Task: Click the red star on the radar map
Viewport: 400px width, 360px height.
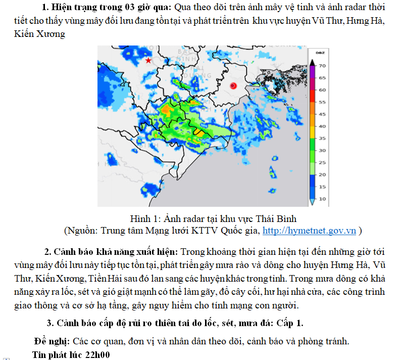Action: click(x=148, y=60)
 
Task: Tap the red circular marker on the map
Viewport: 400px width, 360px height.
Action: click(x=233, y=86)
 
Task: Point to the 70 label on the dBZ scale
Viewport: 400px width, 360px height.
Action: click(x=322, y=66)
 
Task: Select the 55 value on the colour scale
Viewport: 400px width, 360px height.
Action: click(x=322, y=102)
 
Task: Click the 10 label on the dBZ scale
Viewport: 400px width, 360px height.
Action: click(x=322, y=199)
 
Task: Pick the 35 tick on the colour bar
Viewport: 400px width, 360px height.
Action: click(x=322, y=138)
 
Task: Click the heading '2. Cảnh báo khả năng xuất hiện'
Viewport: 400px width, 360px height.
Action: click(x=111, y=251)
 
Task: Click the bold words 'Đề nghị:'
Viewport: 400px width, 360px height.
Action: click(x=53, y=341)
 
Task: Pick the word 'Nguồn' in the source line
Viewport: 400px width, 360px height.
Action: click(x=82, y=231)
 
